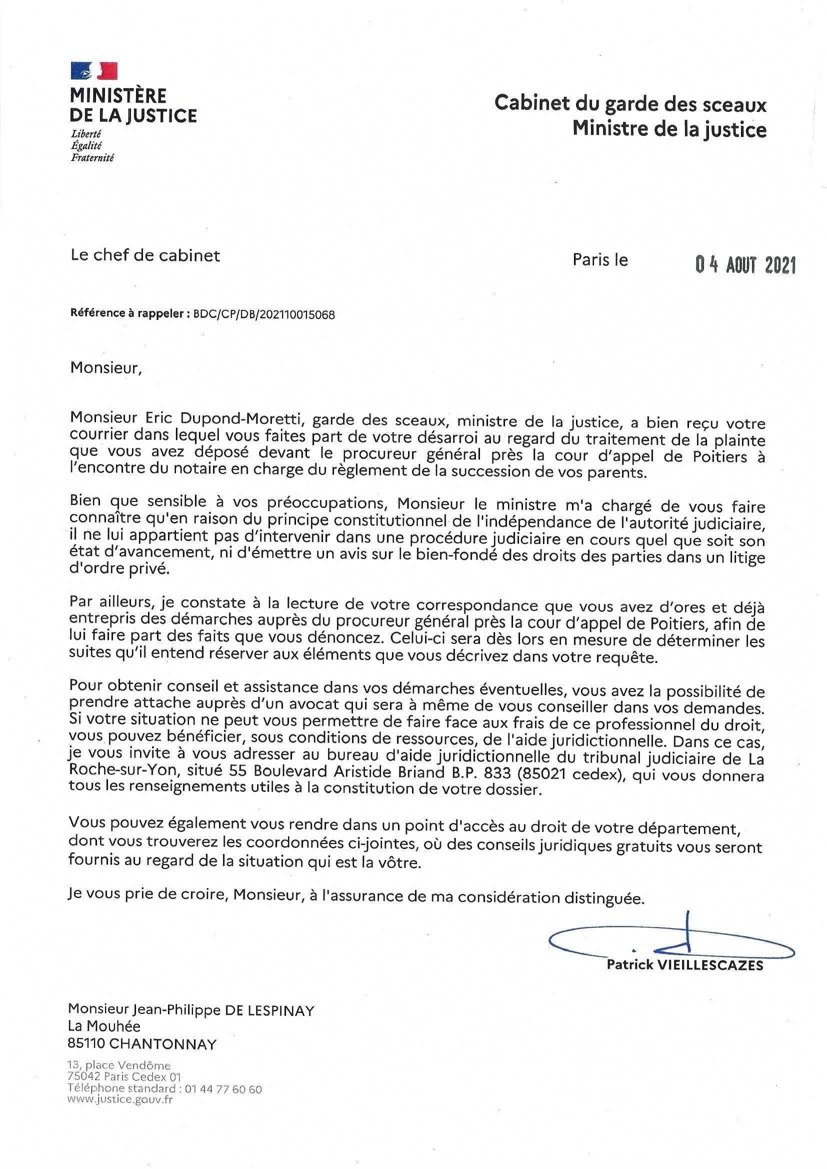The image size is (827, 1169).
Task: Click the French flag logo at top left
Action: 94,70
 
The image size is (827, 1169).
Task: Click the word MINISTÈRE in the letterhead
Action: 118,95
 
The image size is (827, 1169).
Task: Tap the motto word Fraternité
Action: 92,158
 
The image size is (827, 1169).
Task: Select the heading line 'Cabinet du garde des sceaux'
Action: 630,104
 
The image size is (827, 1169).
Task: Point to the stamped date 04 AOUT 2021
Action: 745,265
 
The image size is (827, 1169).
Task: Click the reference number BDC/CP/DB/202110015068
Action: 264,314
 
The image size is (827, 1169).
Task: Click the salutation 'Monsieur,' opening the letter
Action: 105,367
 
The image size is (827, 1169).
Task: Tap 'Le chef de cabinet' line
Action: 145,255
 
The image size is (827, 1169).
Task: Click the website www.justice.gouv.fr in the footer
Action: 120,1099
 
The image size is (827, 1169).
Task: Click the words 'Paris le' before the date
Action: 600,259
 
